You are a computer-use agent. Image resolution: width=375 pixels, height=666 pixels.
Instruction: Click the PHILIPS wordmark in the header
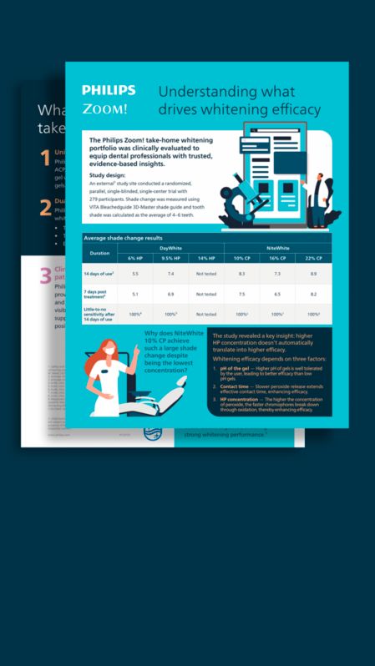[x=106, y=90]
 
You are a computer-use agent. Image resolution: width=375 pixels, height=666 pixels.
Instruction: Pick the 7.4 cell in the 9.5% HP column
[x=170, y=274]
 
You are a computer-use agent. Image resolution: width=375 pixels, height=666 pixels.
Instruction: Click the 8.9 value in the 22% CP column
[x=313, y=274]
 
